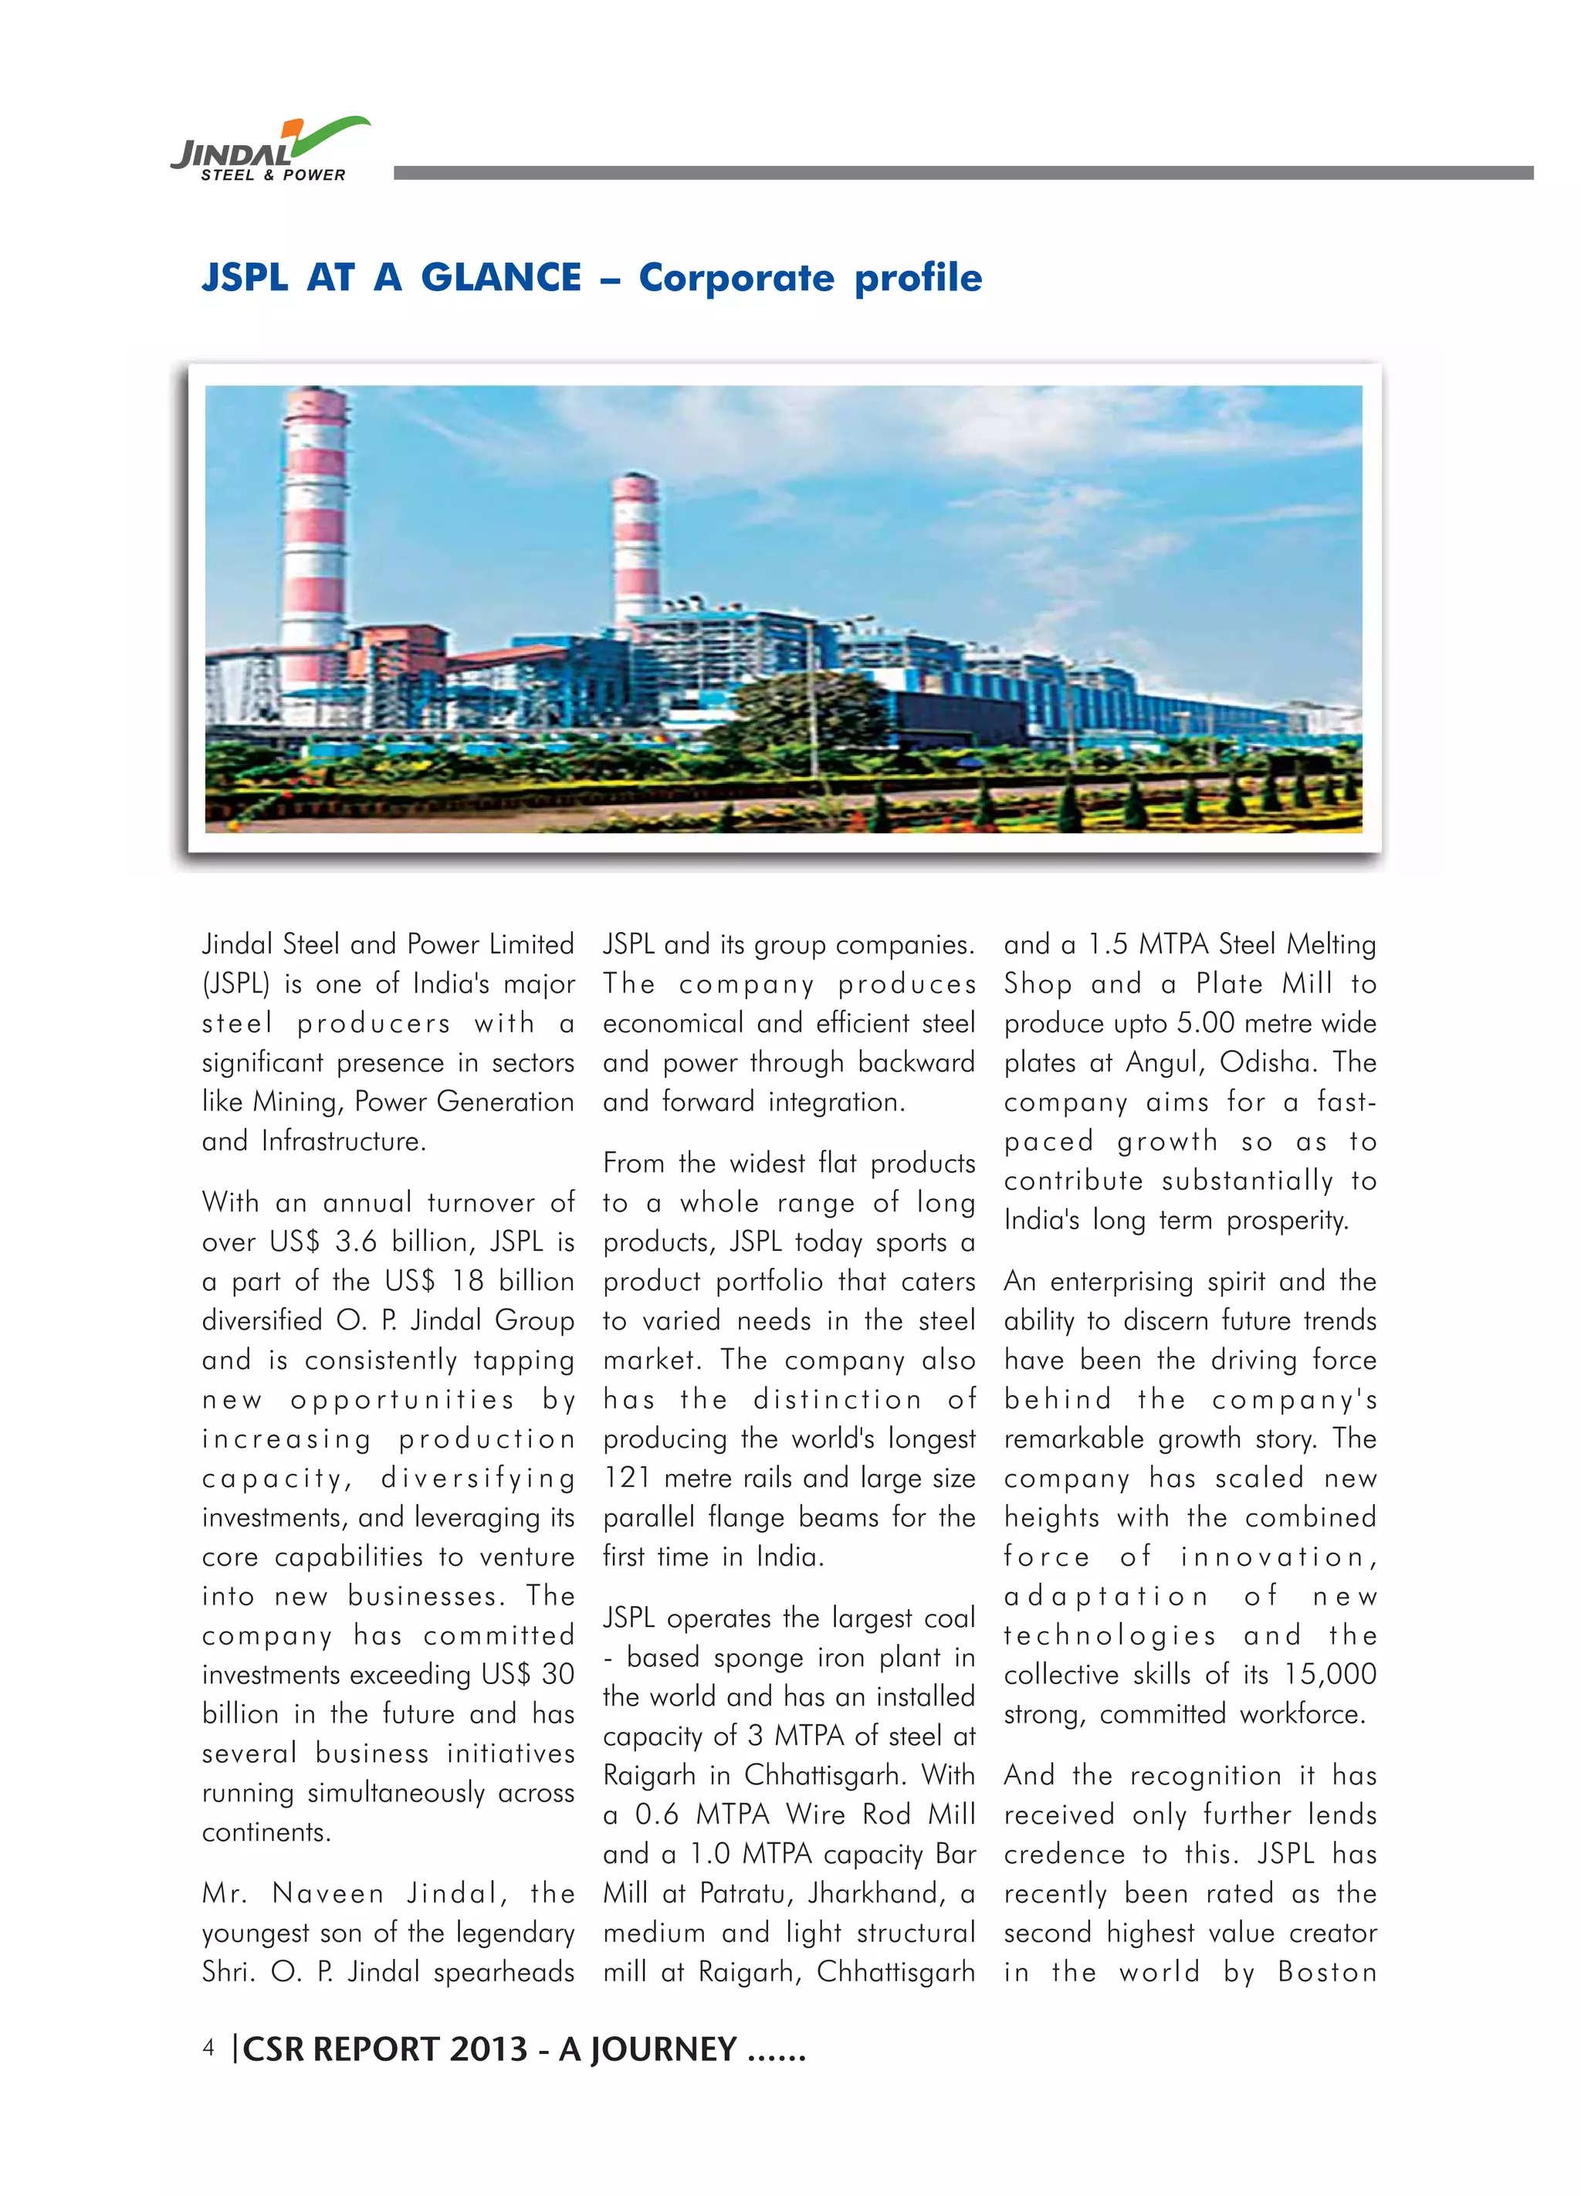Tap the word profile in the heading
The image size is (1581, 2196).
pyautogui.click(x=918, y=279)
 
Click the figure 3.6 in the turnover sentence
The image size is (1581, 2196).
pyautogui.click(x=355, y=1242)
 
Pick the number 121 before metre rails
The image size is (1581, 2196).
pyautogui.click(x=629, y=1479)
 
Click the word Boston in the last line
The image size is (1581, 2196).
pyautogui.click(x=1326, y=1972)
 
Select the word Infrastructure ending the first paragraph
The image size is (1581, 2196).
pyautogui.click(x=343, y=1141)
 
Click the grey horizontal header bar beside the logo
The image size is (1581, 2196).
pyautogui.click(x=963, y=173)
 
